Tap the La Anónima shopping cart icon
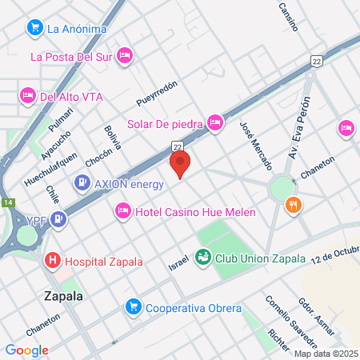(x=34, y=29)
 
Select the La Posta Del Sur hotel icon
(x=125, y=55)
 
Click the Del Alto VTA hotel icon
(x=26, y=95)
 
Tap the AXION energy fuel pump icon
(x=82, y=183)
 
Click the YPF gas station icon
(x=58, y=218)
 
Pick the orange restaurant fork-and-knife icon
(x=294, y=206)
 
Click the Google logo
(x=26, y=350)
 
